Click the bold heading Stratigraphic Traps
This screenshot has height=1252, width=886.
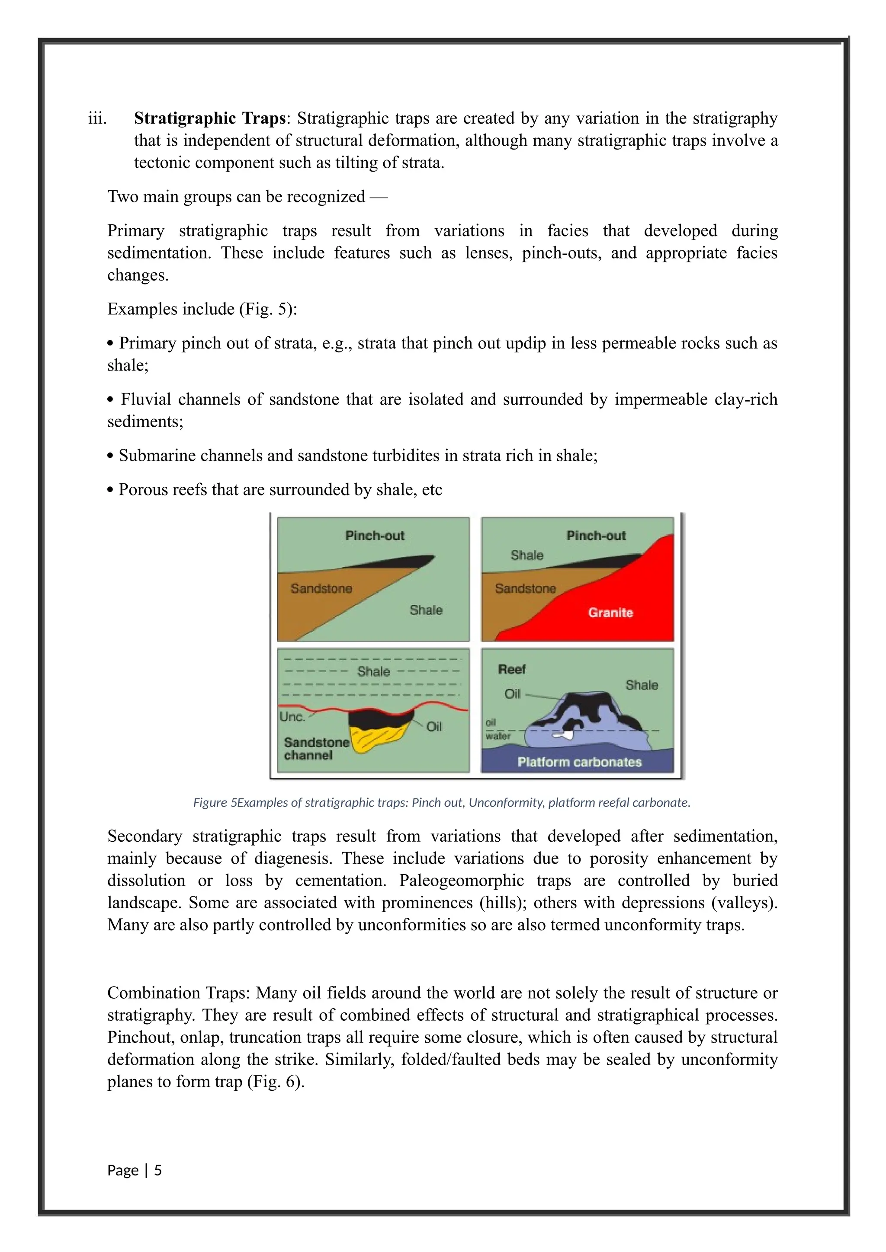point(209,118)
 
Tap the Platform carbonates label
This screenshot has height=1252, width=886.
point(579,762)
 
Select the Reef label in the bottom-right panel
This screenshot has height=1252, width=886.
point(511,669)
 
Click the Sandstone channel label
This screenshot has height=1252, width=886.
point(316,749)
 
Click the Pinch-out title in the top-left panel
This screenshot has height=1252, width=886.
point(375,536)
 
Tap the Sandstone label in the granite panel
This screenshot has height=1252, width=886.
point(525,588)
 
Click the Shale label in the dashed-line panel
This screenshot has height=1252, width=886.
point(373,671)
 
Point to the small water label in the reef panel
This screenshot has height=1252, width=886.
point(498,736)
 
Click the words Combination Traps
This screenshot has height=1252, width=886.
point(178,993)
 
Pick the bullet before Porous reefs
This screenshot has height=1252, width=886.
point(110,490)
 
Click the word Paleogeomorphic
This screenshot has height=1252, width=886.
point(464,880)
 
